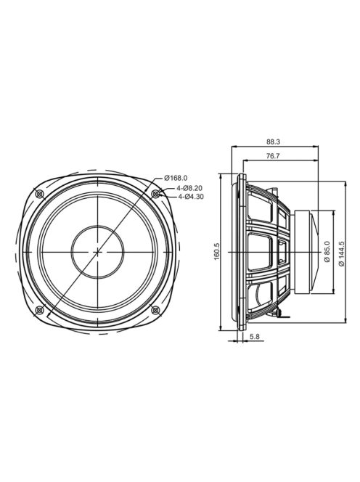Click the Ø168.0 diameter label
point(176,178)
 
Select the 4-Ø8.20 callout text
point(189,188)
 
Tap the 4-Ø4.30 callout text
point(191,197)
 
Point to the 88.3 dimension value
point(274,142)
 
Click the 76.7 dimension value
point(273,156)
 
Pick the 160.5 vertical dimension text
point(216,251)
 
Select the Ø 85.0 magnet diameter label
point(327,251)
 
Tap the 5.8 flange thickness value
point(255,337)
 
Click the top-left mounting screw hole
point(40,194)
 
